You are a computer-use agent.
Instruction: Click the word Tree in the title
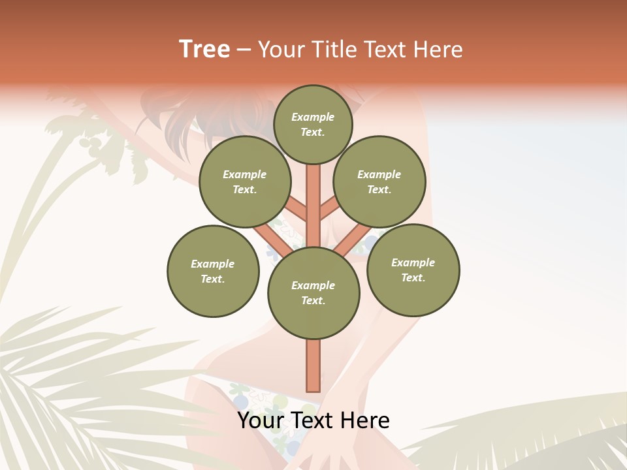tap(204, 49)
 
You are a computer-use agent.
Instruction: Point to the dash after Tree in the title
tap(244, 50)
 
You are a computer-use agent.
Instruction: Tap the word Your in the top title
tap(280, 50)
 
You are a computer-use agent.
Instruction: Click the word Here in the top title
tap(437, 50)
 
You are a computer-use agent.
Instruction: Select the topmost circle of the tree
tap(313, 124)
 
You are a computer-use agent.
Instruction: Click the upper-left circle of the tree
tap(245, 181)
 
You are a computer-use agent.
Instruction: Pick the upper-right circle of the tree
tap(379, 181)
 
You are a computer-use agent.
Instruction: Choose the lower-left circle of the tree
tap(213, 271)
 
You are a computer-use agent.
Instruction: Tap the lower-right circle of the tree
tap(413, 270)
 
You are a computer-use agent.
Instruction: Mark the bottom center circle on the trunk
tap(313, 292)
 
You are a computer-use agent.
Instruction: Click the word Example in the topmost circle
tap(313, 117)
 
